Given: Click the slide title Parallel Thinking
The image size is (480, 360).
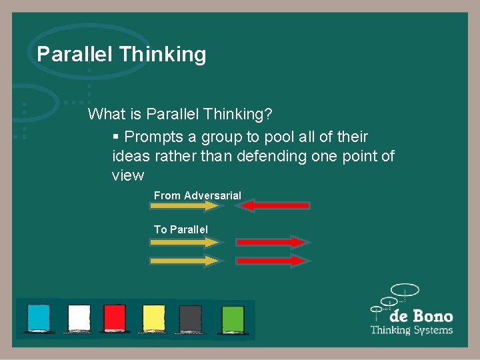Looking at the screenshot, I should pos(121,54).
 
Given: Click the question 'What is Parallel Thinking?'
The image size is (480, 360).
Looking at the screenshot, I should pos(180,114).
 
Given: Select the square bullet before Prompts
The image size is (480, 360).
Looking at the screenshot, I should pos(116,137).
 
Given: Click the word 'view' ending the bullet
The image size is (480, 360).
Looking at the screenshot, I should pos(128,175).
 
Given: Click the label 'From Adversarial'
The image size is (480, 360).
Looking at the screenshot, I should pos(197,195).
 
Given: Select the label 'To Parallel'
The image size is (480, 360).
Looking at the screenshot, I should pos(181,229).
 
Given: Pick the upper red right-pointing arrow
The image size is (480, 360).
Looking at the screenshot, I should pos(271,241).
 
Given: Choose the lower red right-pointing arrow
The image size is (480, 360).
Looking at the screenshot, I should pos(271,261).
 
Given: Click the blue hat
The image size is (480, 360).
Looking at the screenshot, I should pos(38,318).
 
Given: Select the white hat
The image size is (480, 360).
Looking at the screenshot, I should pos(79,318).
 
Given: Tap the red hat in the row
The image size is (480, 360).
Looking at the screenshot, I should pos(115,318).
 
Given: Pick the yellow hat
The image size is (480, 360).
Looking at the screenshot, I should pos(154,318).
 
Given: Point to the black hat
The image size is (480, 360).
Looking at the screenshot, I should pos(191,318).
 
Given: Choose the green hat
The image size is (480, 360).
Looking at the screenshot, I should pos(233,318).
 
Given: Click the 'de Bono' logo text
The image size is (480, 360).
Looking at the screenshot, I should pos(421,316).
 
